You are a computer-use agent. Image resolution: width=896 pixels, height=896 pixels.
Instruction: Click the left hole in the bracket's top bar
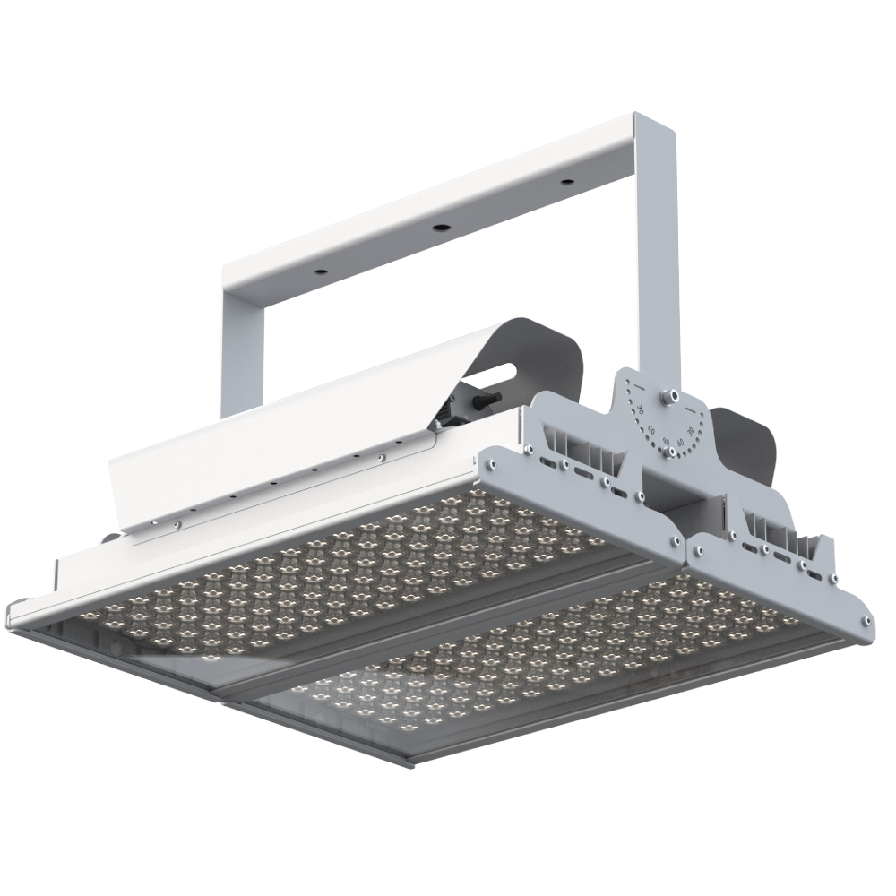point(320,269)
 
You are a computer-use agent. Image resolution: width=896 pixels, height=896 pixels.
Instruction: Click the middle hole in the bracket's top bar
point(441,228)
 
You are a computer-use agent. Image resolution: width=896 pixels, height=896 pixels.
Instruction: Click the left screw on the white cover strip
point(177,524)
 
